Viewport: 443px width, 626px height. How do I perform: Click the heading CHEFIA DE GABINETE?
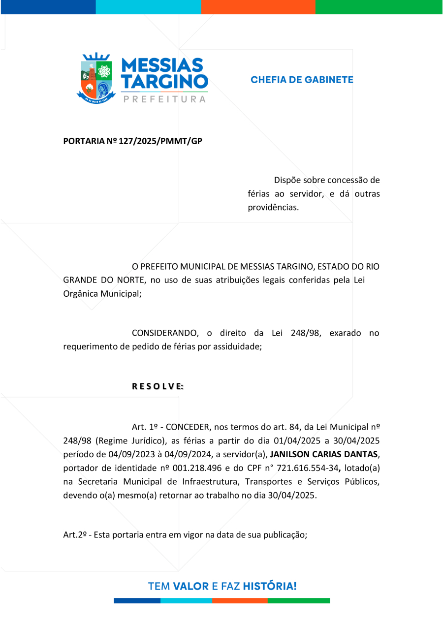click(x=302, y=79)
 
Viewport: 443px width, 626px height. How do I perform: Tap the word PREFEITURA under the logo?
click(x=164, y=99)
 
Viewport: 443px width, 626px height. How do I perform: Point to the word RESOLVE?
click(x=158, y=387)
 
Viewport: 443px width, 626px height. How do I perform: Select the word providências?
click(x=273, y=208)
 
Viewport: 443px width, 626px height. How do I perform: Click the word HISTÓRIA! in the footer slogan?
click(x=270, y=586)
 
